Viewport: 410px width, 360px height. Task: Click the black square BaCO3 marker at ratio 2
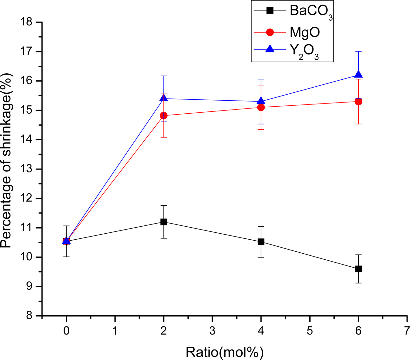[x=164, y=222]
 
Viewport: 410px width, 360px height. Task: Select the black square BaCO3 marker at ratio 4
[x=261, y=242]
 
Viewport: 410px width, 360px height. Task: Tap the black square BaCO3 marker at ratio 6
[x=359, y=269]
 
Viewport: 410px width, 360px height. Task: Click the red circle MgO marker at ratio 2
[x=164, y=115]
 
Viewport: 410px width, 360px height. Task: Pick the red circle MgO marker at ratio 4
[x=261, y=107]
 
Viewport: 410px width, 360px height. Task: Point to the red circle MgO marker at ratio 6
[x=359, y=102]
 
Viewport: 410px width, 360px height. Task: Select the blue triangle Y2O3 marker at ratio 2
[x=164, y=98]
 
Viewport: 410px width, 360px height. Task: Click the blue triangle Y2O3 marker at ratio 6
[x=359, y=74]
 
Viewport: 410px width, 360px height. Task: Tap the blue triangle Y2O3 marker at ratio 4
[x=261, y=101]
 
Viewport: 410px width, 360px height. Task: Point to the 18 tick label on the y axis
[x=26, y=22]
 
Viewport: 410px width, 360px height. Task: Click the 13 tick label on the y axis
[x=26, y=169]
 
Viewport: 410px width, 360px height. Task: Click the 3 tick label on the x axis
[x=212, y=331]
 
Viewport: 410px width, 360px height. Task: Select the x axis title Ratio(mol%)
[x=225, y=352]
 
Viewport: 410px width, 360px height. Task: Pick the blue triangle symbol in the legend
[x=270, y=49]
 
